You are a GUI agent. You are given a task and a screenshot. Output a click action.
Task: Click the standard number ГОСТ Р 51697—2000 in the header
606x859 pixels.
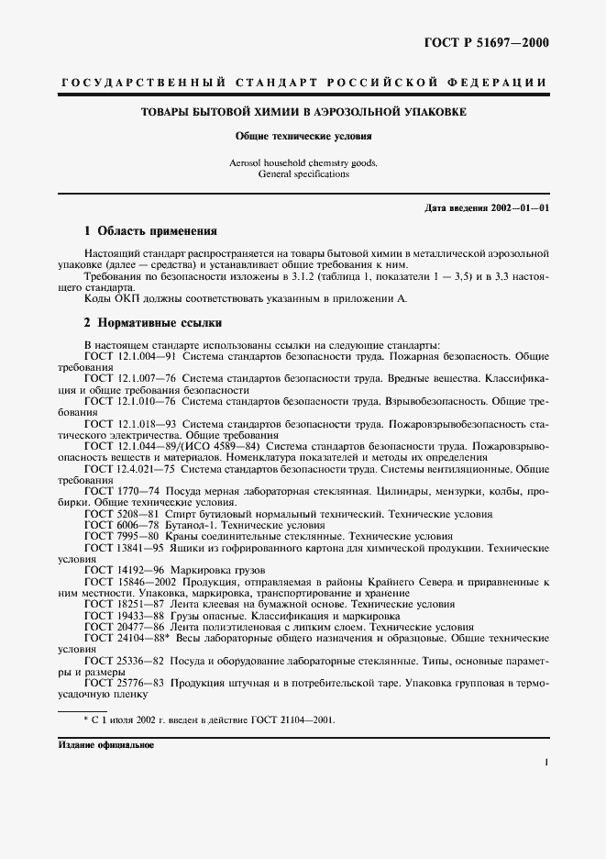click(492, 42)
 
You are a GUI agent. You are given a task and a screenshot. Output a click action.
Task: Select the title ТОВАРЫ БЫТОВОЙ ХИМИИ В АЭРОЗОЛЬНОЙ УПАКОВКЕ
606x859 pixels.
click(303, 112)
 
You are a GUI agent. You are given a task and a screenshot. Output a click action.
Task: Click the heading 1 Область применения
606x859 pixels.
click(150, 230)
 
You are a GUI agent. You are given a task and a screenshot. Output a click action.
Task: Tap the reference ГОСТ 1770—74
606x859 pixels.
click(122, 491)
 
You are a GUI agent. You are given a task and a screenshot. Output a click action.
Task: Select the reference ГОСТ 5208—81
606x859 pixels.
click(122, 514)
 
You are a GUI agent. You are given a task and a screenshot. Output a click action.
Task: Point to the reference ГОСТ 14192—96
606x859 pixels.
click(125, 570)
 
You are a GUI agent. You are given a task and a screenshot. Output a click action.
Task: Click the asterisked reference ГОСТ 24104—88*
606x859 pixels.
click(129, 638)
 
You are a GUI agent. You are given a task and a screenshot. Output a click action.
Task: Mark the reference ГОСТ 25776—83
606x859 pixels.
click(125, 684)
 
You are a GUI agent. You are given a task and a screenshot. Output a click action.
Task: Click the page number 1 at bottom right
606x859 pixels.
click(545, 762)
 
